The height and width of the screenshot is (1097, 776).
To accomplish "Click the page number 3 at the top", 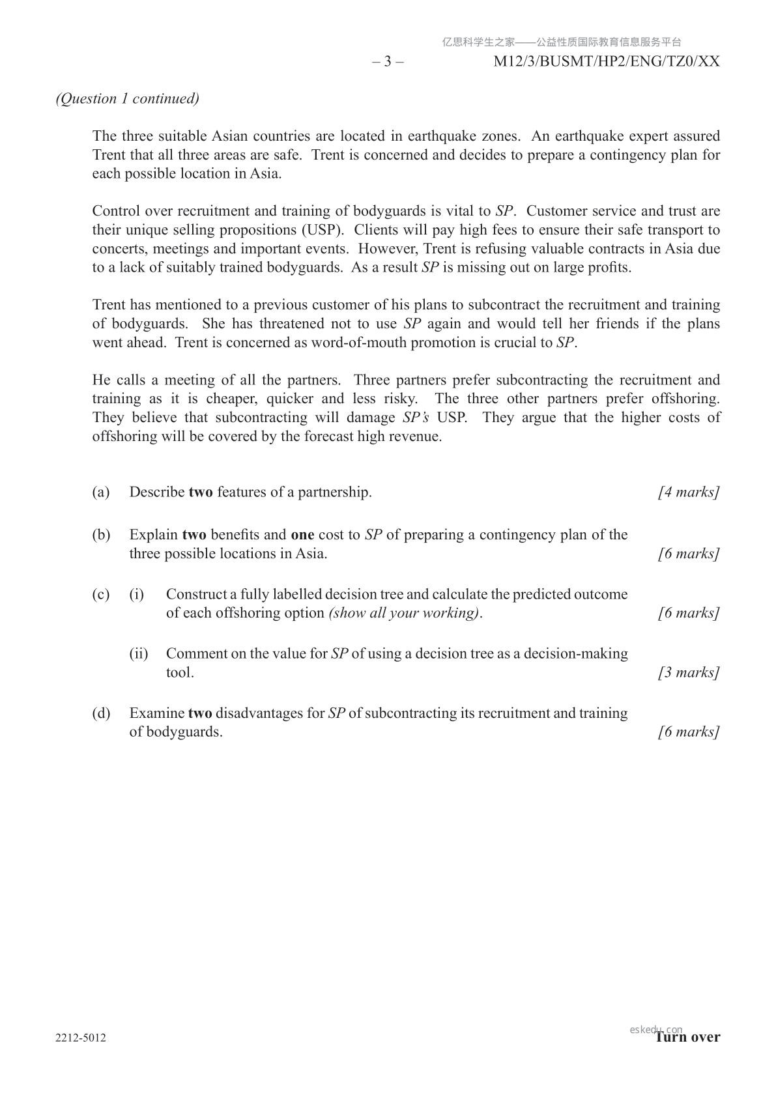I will [388, 62].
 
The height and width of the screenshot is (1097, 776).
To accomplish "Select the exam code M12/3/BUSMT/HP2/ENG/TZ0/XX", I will [607, 62].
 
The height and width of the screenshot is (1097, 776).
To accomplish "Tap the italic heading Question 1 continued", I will [127, 98].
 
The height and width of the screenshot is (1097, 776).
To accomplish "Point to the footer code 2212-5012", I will [81, 1038].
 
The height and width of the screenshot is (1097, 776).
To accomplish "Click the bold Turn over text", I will [688, 1037].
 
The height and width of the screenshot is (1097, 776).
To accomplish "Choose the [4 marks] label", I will [689, 492].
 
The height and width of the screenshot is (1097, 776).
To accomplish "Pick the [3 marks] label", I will [689, 672].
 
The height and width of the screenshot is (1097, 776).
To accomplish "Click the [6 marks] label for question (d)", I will [689, 732].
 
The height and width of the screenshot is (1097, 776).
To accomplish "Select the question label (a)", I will [101, 492].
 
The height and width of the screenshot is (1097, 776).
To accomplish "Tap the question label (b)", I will [101, 535].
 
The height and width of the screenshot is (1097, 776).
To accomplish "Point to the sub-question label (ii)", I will [138, 653].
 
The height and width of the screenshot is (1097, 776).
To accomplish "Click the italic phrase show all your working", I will [405, 613].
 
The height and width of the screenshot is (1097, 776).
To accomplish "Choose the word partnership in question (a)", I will [334, 492].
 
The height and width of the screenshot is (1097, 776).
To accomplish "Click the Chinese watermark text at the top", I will [562, 42].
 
